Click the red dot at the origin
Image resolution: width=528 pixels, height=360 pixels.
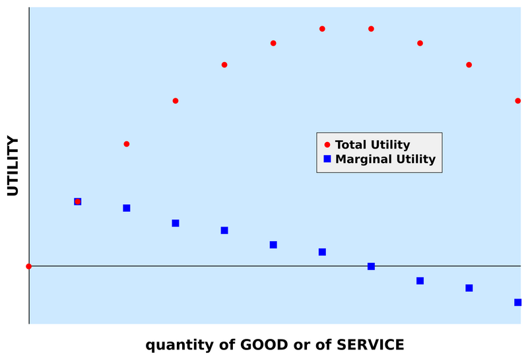pos(28,266)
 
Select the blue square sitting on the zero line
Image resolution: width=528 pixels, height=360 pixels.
pos(371,266)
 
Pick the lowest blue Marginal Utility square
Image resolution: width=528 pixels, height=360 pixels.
pos(517,303)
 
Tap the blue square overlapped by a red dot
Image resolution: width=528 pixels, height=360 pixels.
pos(77,201)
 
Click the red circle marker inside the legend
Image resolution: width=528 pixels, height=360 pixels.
pos(327,145)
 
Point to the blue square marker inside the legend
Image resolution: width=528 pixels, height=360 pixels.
pos(327,159)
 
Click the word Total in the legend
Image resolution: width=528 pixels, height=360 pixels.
pos(350,145)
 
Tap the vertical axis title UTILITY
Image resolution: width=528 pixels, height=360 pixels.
pos(13,166)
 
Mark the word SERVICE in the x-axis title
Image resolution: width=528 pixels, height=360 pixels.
pos(370,345)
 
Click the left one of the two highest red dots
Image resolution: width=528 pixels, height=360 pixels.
pos(322,29)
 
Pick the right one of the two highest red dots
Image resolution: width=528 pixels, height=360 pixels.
pos(371,29)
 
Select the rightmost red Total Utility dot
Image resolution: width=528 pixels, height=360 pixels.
pos(517,100)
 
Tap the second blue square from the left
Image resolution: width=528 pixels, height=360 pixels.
pos(127,208)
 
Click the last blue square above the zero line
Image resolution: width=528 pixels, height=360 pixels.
pos(322,252)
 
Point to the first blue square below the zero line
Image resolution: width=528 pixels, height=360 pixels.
pos(420,281)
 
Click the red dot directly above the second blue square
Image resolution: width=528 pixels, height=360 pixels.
pos(127,144)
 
